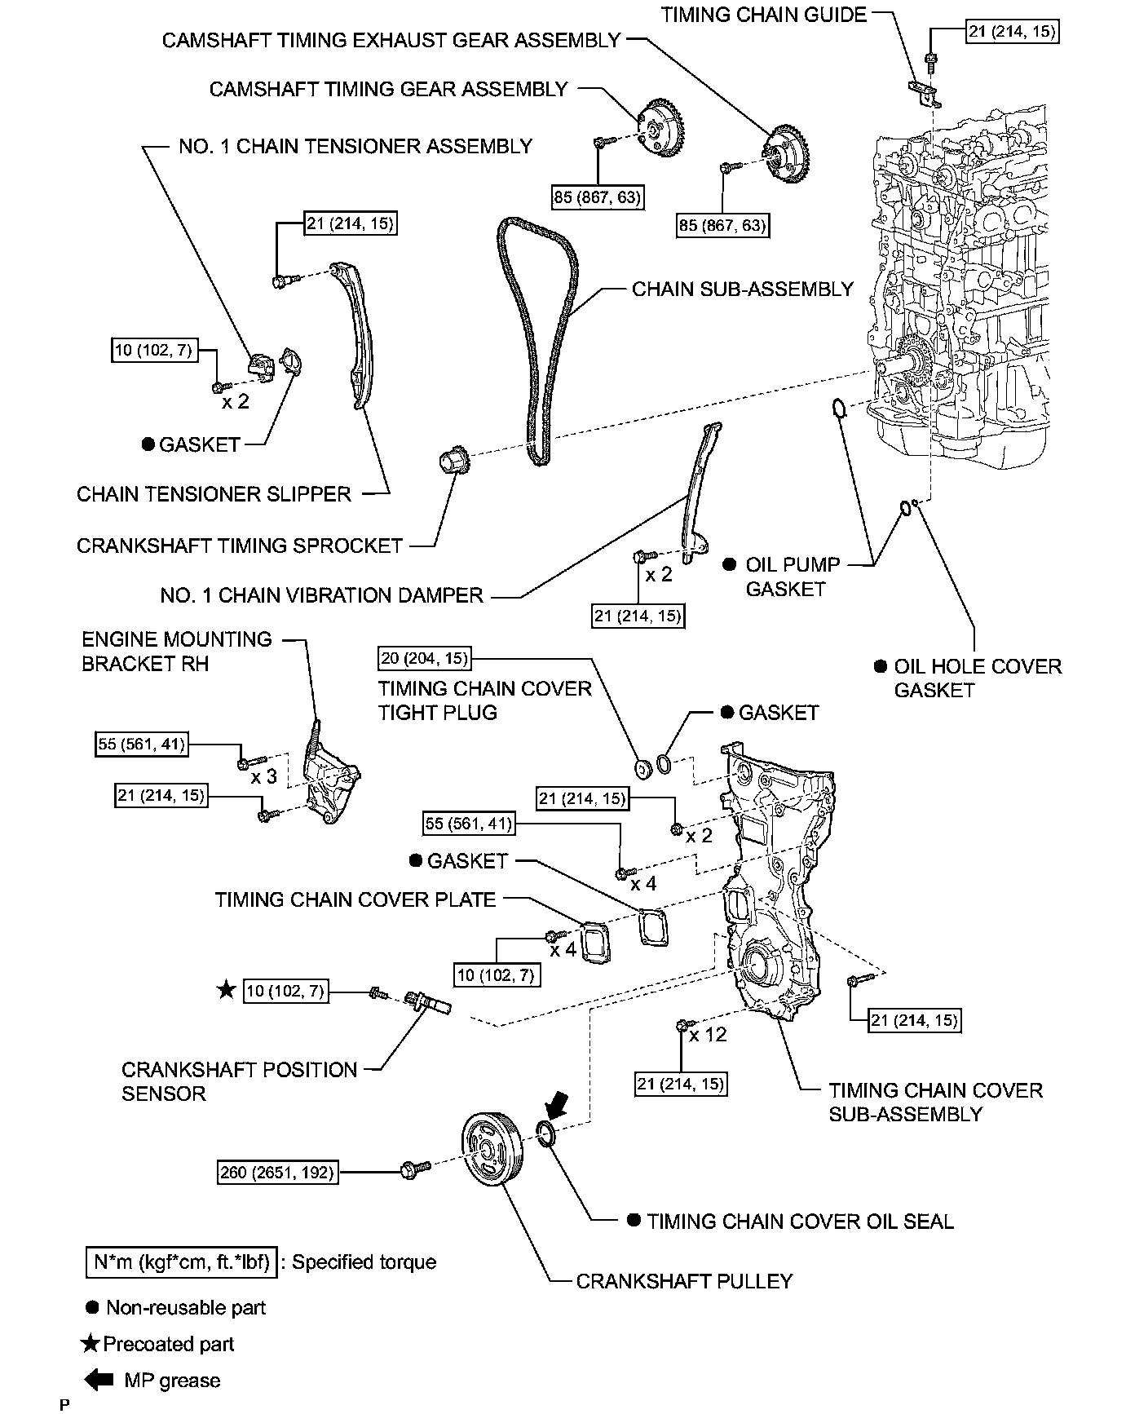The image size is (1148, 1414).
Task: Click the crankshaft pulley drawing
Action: tap(489, 1151)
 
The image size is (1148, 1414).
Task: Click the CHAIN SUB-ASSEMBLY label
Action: tap(743, 289)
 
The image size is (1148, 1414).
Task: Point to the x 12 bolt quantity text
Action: tap(707, 1035)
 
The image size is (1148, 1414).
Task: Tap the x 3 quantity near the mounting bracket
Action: tap(263, 777)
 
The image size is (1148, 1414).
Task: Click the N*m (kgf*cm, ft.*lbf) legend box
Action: tap(181, 1262)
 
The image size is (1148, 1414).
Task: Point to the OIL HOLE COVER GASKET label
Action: tap(977, 678)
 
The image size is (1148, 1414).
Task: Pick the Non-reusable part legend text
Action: tap(186, 1308)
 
